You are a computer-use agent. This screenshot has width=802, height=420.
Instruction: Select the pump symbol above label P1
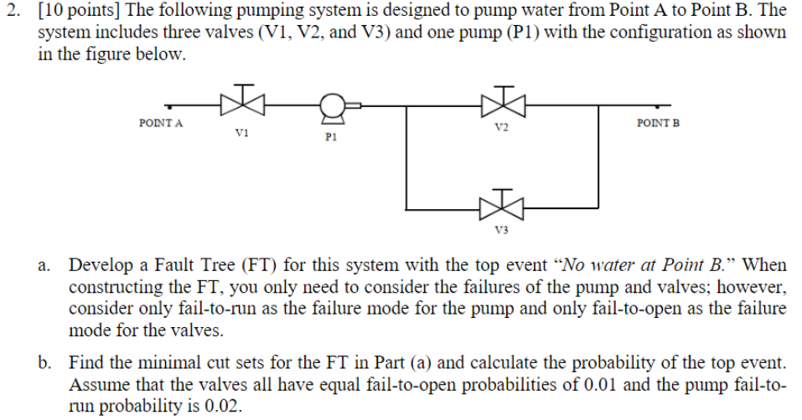334,105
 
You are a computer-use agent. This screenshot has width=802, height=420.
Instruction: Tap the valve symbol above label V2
502,102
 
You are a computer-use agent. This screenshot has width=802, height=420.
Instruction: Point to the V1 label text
241,131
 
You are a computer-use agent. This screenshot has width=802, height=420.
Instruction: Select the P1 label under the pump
330,136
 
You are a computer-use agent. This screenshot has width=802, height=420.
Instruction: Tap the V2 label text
501,128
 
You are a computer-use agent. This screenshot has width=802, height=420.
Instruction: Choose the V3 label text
501,228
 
